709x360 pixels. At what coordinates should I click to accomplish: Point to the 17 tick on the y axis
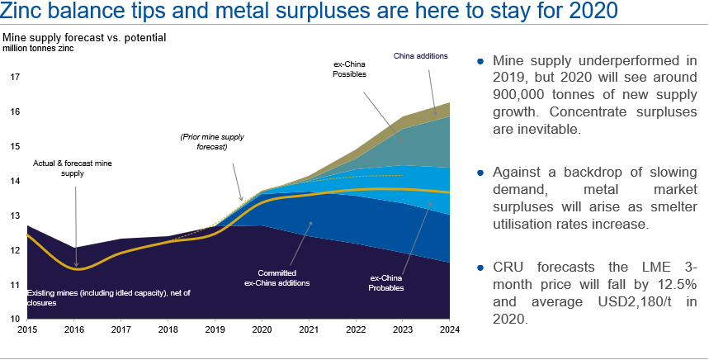[15, 77]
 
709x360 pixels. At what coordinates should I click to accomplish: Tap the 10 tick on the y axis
[15, 319]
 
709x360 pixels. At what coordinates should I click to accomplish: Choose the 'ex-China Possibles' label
[349, 69]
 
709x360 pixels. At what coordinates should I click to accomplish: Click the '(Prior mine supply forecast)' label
[204, 141]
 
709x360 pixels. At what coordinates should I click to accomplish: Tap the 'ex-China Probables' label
[386, 283]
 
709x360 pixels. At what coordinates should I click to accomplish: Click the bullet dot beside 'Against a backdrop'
[482, 173]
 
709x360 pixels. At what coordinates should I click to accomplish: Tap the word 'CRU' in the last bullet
[509, 266]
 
